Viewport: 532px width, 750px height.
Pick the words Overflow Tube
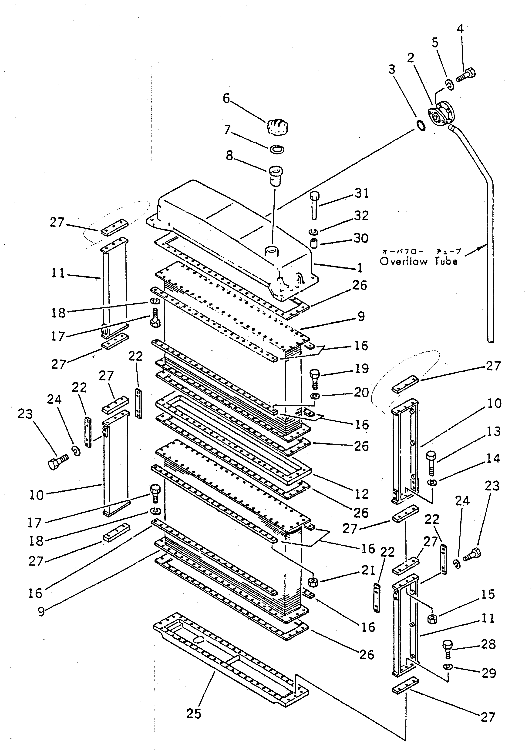(419, 261)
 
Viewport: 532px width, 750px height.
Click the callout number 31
(362, 193)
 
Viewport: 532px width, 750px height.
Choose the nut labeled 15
(432, 618)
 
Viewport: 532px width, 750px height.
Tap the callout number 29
(488, 673)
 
